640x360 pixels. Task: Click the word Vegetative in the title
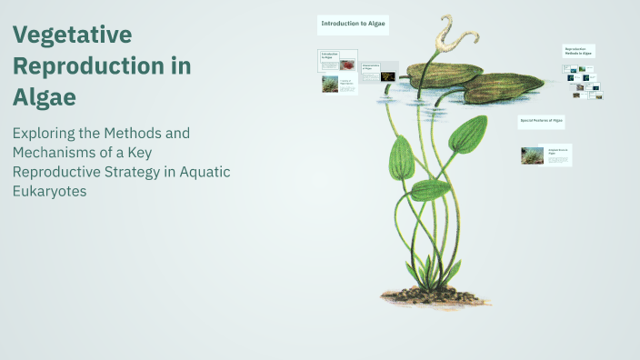(73, 35)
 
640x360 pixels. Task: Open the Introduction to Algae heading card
(353, 25)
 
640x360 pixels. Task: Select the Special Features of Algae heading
(542, 120)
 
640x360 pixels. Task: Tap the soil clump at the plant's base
(428, 292)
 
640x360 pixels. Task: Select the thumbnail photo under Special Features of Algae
(531, 155)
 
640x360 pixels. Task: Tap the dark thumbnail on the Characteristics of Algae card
(388, 76)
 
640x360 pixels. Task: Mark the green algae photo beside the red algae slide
(330, 84)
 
